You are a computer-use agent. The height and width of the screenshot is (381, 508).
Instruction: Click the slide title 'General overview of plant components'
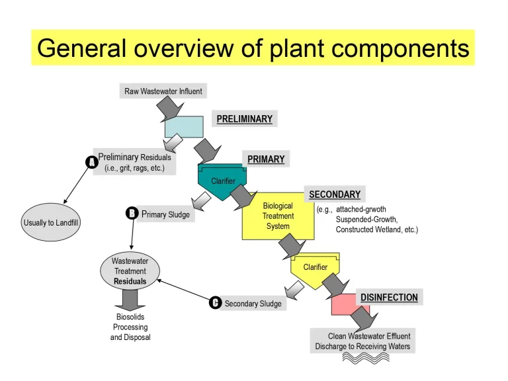(253, 48)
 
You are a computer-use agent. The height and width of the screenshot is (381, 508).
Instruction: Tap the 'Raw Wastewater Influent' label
(163, 91)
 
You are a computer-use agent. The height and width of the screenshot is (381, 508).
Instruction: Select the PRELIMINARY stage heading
(244, 119)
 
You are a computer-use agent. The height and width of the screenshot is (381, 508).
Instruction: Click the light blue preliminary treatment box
(183, 126)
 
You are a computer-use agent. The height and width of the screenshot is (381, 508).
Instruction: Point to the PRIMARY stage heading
(266, 159)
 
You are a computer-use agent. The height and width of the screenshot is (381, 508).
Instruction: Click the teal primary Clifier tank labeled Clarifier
(223, 181)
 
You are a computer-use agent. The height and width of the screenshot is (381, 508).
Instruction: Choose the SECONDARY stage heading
(335, 194)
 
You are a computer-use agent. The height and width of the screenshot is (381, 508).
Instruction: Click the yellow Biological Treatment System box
(277, 216)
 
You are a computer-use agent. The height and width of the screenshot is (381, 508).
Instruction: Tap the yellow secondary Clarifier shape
(316, 267)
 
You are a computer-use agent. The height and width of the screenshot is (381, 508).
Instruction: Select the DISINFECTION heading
(389, 298)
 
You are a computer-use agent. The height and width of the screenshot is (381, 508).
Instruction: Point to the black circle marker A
(93, 161)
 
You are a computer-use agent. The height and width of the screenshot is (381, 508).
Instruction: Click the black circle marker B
(132, 213)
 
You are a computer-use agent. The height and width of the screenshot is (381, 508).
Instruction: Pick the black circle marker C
(215, 303)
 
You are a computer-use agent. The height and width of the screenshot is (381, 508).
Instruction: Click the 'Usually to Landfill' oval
(51, 223)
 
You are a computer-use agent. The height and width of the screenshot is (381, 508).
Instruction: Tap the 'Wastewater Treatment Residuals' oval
(130, 271)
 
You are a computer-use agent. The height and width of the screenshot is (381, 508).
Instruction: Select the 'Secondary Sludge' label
(253, 304)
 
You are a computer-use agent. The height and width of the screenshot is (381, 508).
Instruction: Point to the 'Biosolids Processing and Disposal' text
(130, 327)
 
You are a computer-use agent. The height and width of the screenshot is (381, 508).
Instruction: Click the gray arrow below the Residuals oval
(130, 300)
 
